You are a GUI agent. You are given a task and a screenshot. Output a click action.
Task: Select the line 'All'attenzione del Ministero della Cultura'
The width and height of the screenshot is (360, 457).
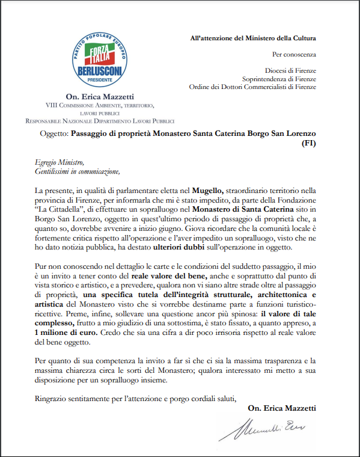(261, 39)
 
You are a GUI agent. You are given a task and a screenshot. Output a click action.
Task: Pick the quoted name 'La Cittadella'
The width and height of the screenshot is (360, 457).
(59, 210)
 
